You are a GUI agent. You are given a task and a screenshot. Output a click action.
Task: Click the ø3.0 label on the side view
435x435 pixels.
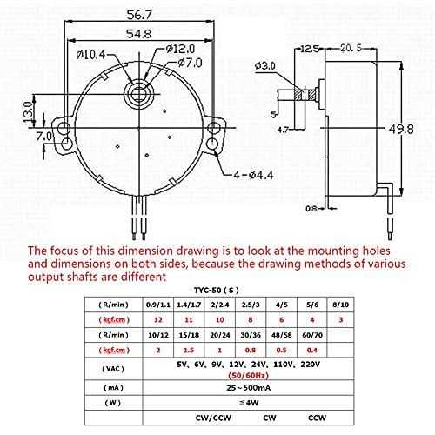[x=266, y=66]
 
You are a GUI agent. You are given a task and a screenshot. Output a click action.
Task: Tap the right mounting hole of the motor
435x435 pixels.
[x=214, y=130]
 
